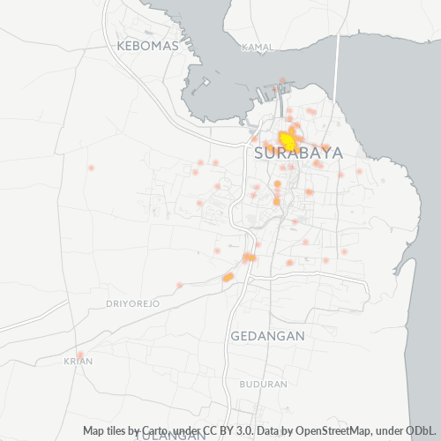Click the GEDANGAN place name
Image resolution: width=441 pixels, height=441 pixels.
pos(267,336)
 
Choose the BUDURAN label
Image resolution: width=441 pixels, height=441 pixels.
pos(263,384)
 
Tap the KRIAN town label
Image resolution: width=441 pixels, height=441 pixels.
pos(78,361)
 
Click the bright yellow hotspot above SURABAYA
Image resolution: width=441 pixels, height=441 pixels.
pos(288,139)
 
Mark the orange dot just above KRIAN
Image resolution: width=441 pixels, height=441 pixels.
pos(79,355)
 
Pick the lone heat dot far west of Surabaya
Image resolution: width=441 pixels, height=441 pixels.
pos(90,168)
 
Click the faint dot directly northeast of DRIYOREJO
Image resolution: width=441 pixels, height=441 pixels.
pos(179,285)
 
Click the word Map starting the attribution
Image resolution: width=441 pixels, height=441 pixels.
pos(95,431)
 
